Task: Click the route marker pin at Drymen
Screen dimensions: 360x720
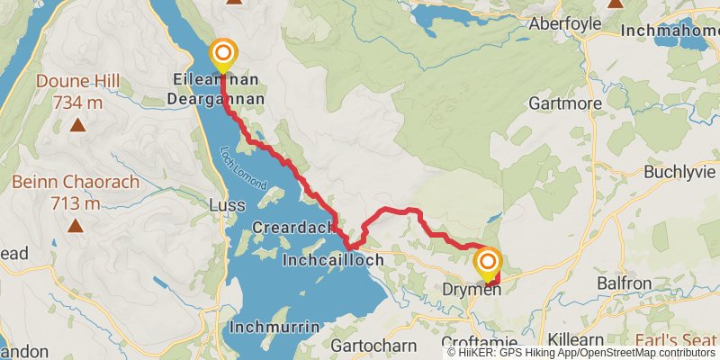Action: [488, 263]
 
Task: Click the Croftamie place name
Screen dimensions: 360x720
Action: [481, 343]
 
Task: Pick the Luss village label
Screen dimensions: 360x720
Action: [226, 205]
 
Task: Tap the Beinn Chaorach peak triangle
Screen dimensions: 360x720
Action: [76, 226]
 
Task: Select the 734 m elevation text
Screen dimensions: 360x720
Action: [78, 103]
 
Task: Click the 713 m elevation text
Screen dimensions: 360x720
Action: [76, 202]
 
